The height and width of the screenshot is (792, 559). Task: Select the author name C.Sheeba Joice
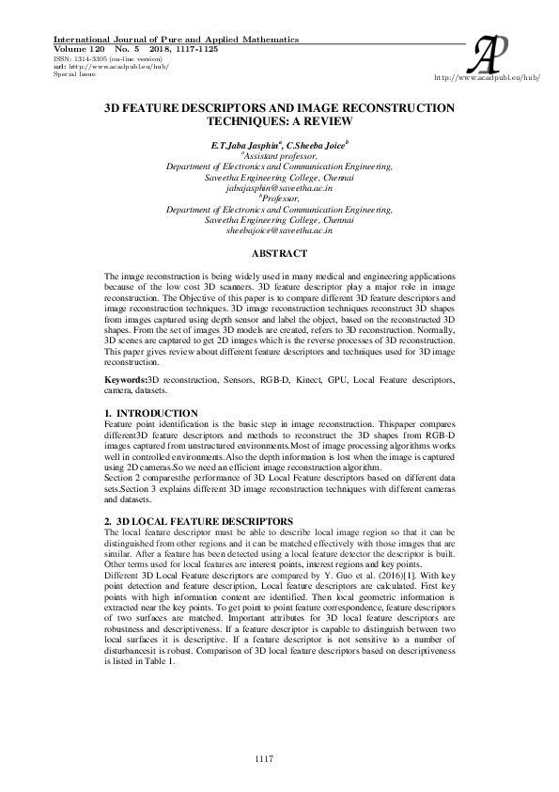(315, 147)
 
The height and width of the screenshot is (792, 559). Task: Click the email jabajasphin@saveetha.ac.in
(279, 188)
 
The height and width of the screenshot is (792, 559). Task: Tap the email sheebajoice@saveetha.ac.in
(279, 230)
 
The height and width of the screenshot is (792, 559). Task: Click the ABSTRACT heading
(279, 254)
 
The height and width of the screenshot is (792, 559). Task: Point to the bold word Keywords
(126, 379)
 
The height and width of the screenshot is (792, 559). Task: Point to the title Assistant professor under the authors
(280, 157)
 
